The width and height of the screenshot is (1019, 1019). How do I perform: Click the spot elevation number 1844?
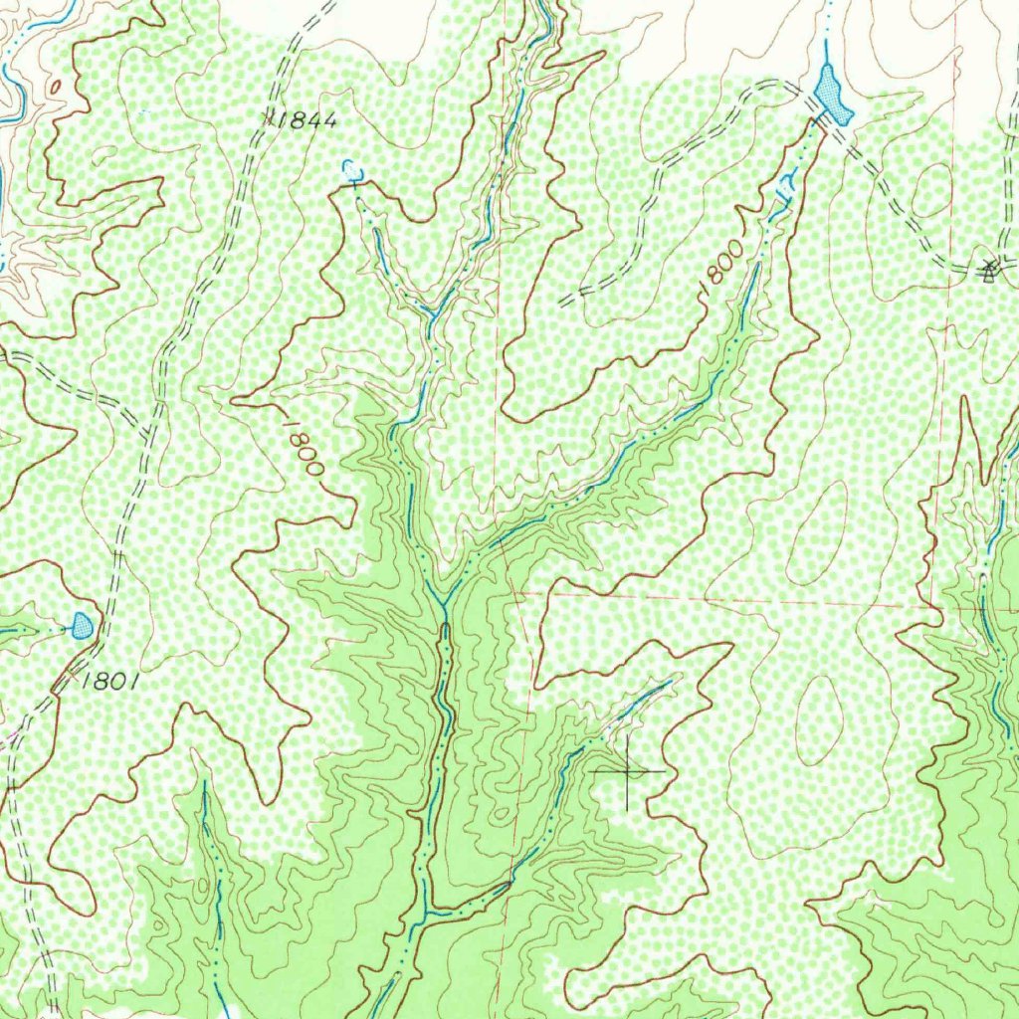[x=307, y=120]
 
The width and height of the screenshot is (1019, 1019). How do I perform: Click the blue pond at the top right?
[x=831, y=96]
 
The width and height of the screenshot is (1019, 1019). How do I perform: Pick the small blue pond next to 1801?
[x=83, y=626]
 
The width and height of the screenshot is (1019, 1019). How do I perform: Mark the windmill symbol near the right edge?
[x=988, y=269]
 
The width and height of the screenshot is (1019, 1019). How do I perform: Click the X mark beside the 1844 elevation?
[x=270, y=118]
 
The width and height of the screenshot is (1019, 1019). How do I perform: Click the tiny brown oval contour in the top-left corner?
[x=54, y=87]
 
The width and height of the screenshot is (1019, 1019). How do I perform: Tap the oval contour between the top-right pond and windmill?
[x=931, y=189]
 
